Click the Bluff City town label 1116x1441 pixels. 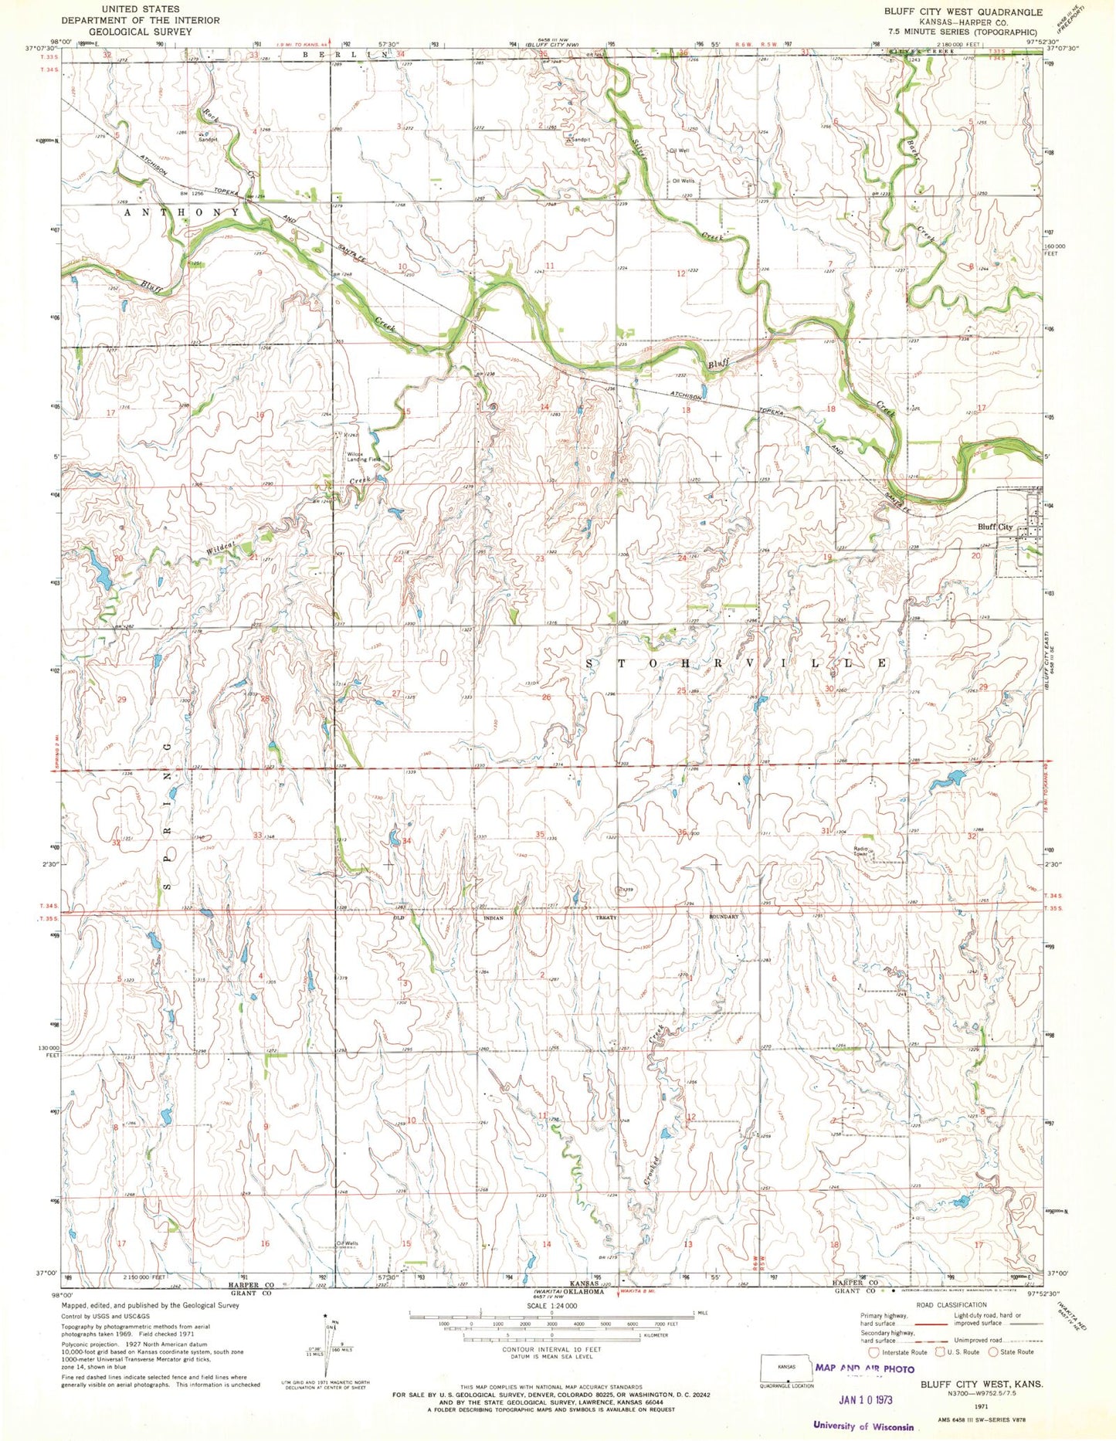(995, 527)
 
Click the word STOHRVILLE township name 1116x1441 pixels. (738, 663)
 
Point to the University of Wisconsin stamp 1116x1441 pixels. (863, 1427)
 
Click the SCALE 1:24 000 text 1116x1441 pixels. (551, 1305)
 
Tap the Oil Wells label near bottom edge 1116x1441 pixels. (347, 1243)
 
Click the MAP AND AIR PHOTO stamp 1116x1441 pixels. (865, 1368)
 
